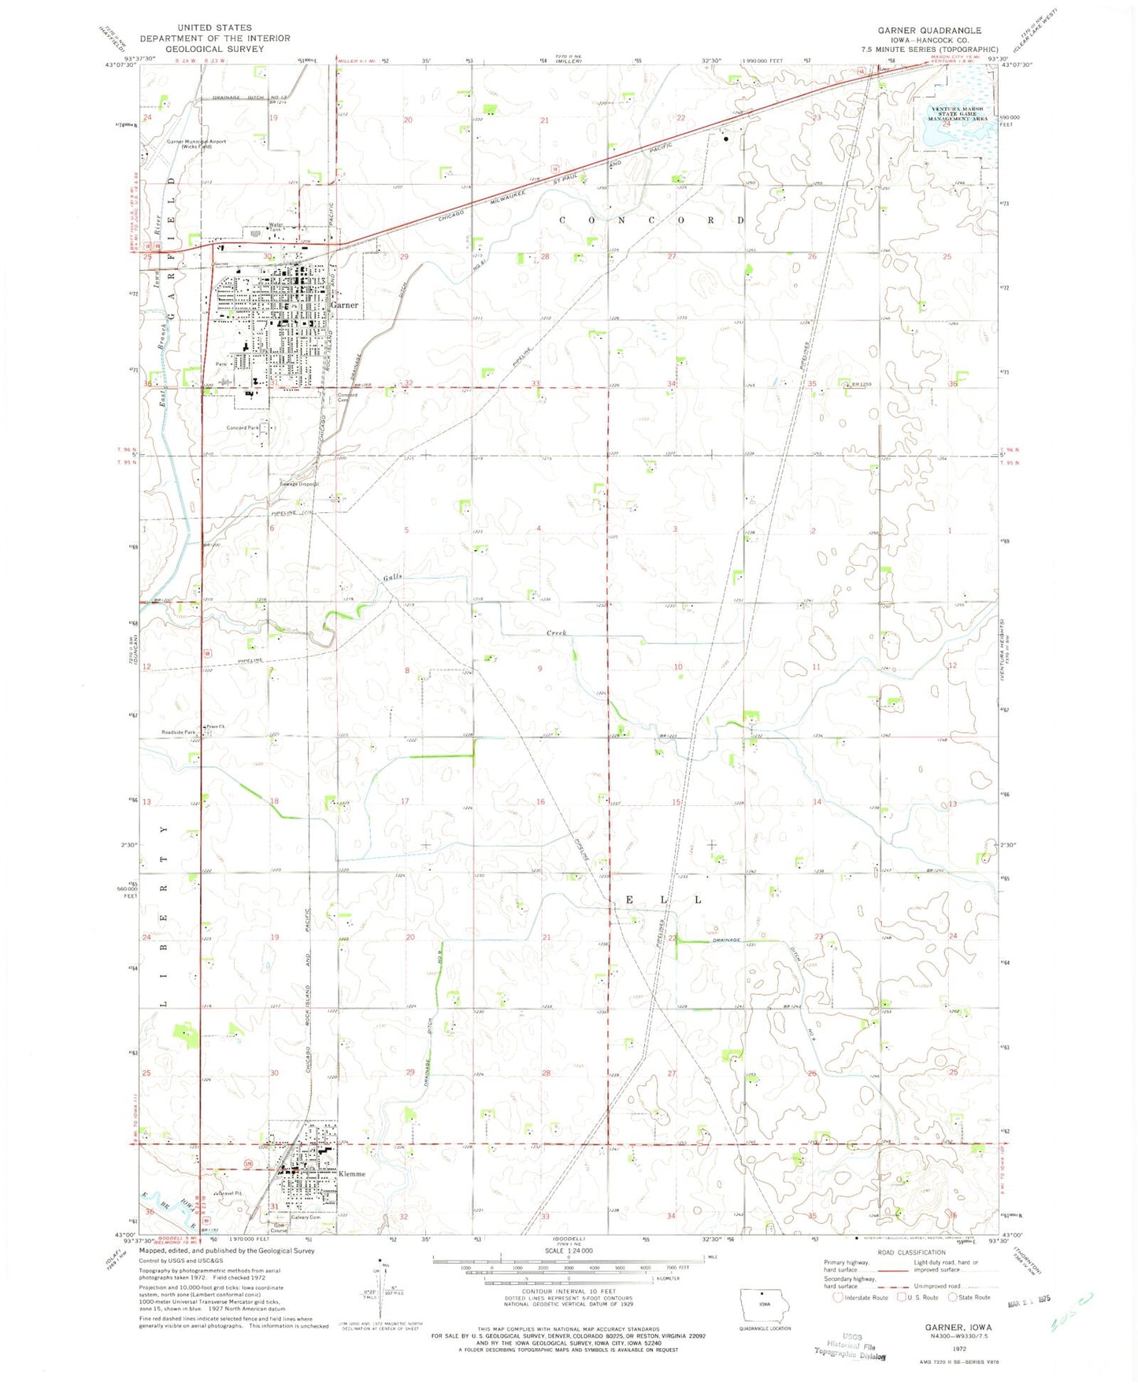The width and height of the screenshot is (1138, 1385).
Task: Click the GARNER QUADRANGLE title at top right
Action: pos(929,31)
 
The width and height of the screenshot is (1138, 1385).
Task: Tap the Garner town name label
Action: pos(344,305)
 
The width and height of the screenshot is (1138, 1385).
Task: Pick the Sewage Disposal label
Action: pos(300,484)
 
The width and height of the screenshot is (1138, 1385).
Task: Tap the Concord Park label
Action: pos(243,428)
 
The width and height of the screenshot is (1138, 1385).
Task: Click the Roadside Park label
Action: pos(179,733)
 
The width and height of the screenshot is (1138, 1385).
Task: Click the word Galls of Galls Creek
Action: pos(393,577)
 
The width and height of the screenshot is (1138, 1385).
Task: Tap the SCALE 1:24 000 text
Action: pos(568,1251)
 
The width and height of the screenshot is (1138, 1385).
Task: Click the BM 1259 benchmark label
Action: pos(861,385)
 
